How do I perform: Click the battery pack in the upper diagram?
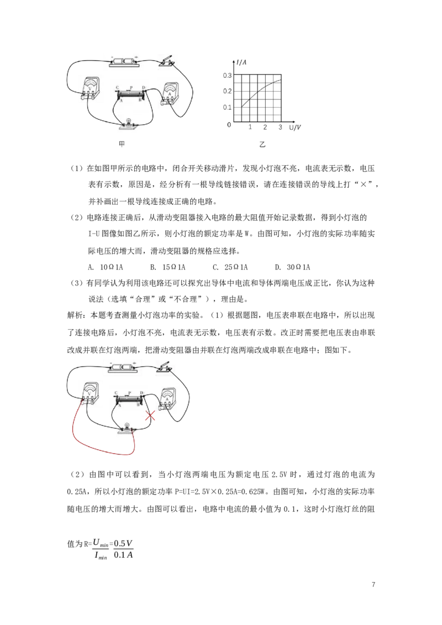coord(124,61)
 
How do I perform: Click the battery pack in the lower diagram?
coord(123,367)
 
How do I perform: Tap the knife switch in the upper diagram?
coord(167,61)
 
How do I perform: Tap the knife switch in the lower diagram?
coord(166,367)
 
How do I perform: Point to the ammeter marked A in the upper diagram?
coord(169,93)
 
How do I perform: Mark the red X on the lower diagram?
coord(149,417)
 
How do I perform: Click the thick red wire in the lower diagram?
coord(99,448)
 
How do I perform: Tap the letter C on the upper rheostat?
coord(117,87)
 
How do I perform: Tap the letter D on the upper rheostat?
coord(144,87)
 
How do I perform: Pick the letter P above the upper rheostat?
coord(131,87)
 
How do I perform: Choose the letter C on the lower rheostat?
coord(116,393)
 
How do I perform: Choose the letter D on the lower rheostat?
coord(142,393)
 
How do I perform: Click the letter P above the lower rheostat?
coord(129,392)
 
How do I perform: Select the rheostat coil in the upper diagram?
coord(130,95)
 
